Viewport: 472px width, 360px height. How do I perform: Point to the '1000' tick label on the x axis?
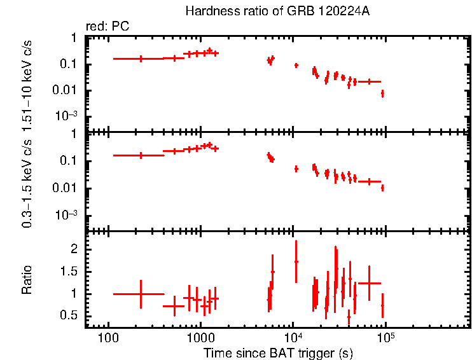[x=200, y=338]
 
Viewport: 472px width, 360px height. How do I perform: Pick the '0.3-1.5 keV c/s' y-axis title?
[x=27, y=181]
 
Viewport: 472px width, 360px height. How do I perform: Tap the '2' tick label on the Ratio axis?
[x=74, y=249]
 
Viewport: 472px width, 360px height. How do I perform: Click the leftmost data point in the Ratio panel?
[x=141, y=294]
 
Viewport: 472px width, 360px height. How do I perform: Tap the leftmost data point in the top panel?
[x=141, y=59]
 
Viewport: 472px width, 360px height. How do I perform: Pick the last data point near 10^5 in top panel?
[x=382, y=93]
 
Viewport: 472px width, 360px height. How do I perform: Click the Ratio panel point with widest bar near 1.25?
[x=369, y=283]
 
